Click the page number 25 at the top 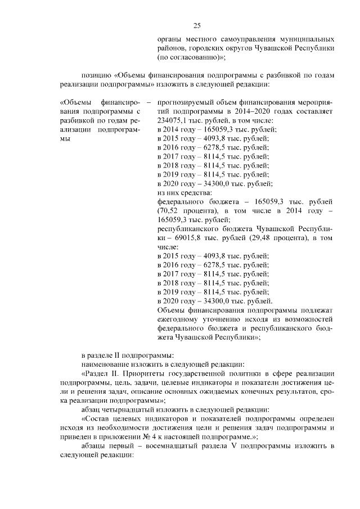[197, 25]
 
